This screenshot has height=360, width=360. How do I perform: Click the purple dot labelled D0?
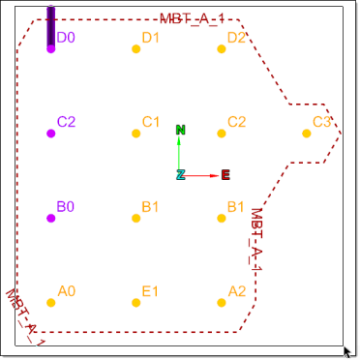tap(51, 49)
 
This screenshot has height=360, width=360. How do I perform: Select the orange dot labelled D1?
tap(136, 49)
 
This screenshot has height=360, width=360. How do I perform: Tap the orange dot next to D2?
tap(222, 49)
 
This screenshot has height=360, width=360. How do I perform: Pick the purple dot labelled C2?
tap(51, 134)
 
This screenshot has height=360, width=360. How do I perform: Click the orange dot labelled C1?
tap(136, 134)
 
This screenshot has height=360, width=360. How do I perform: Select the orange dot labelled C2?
tap(222, 134)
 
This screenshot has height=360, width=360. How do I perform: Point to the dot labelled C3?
tap(307, 134)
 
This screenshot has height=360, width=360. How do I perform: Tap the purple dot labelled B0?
tap(51, 219)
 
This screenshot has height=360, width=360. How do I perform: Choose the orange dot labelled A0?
tap(51, 303)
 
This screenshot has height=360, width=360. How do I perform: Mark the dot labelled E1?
tap(136, 303)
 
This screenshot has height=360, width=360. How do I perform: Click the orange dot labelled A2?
tap(222, 303)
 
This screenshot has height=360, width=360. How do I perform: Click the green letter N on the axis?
tap(181, 130)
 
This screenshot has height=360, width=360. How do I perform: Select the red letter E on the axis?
tap(225, 175)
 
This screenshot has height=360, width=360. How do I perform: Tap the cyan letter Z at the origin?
tap(181, 174)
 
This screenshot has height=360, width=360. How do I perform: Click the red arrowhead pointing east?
tap(215, 176)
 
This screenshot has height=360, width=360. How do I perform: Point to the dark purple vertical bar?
tap(51, 26)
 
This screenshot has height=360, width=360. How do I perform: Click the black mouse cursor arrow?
tap(347, 352)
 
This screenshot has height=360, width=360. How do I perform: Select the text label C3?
tap(321, 122)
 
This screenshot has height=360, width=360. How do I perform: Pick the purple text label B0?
tap(66, 206)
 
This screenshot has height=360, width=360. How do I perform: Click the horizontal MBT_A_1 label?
tap(192, 19)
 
